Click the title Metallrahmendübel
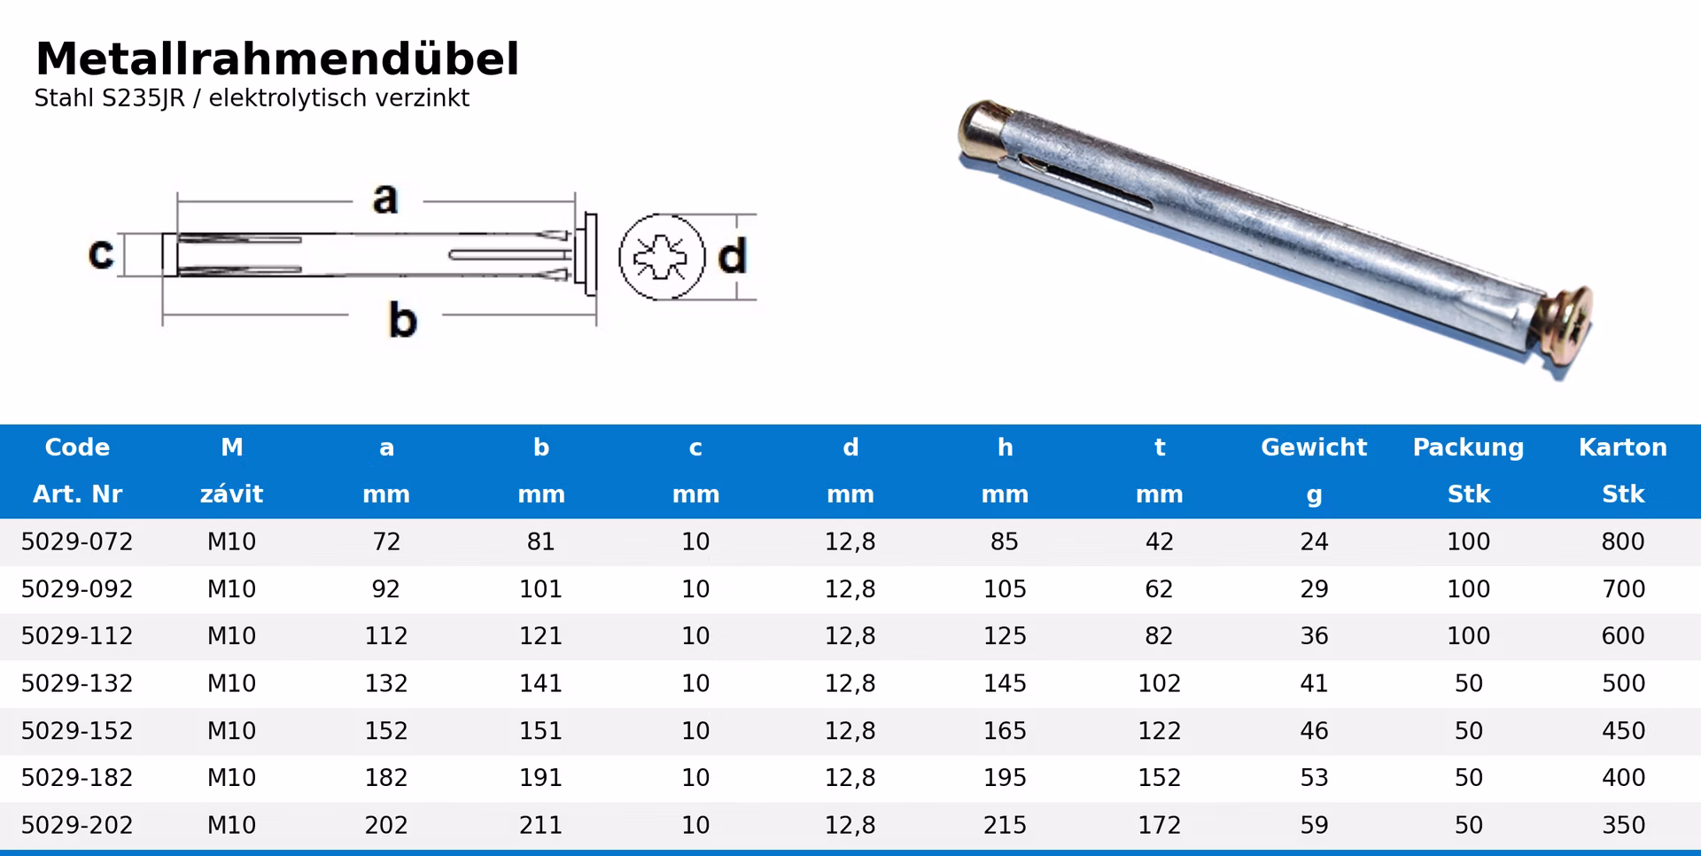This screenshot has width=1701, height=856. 276,59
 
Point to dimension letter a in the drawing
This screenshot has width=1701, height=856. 384,199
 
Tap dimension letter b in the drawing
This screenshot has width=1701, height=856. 402,319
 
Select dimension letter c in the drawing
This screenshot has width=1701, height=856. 101,253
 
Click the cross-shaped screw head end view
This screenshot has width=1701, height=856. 661,257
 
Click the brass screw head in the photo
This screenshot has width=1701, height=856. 1566,325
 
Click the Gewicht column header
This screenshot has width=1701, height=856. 1314,447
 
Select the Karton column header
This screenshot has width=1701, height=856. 1623,447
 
